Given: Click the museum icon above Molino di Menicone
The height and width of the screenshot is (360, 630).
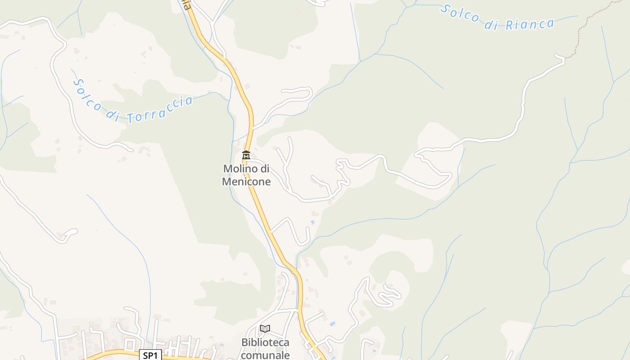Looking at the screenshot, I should pos(246,155).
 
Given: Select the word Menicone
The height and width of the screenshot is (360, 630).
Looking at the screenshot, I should pos(247,182).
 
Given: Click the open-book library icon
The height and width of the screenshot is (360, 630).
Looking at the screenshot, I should pos(265,329).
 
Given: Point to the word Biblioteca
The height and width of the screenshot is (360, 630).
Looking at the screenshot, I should pos(265,342).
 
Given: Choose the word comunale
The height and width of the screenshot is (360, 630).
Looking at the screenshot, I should pos(265,355).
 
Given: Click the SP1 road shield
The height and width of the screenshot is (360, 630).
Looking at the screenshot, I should pos(150,355).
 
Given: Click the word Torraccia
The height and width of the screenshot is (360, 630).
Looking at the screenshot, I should pos(160,109).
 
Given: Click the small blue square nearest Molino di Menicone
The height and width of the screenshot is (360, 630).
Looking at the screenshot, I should pos(313,222).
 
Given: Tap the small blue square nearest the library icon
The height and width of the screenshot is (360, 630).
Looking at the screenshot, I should pos(332,324).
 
